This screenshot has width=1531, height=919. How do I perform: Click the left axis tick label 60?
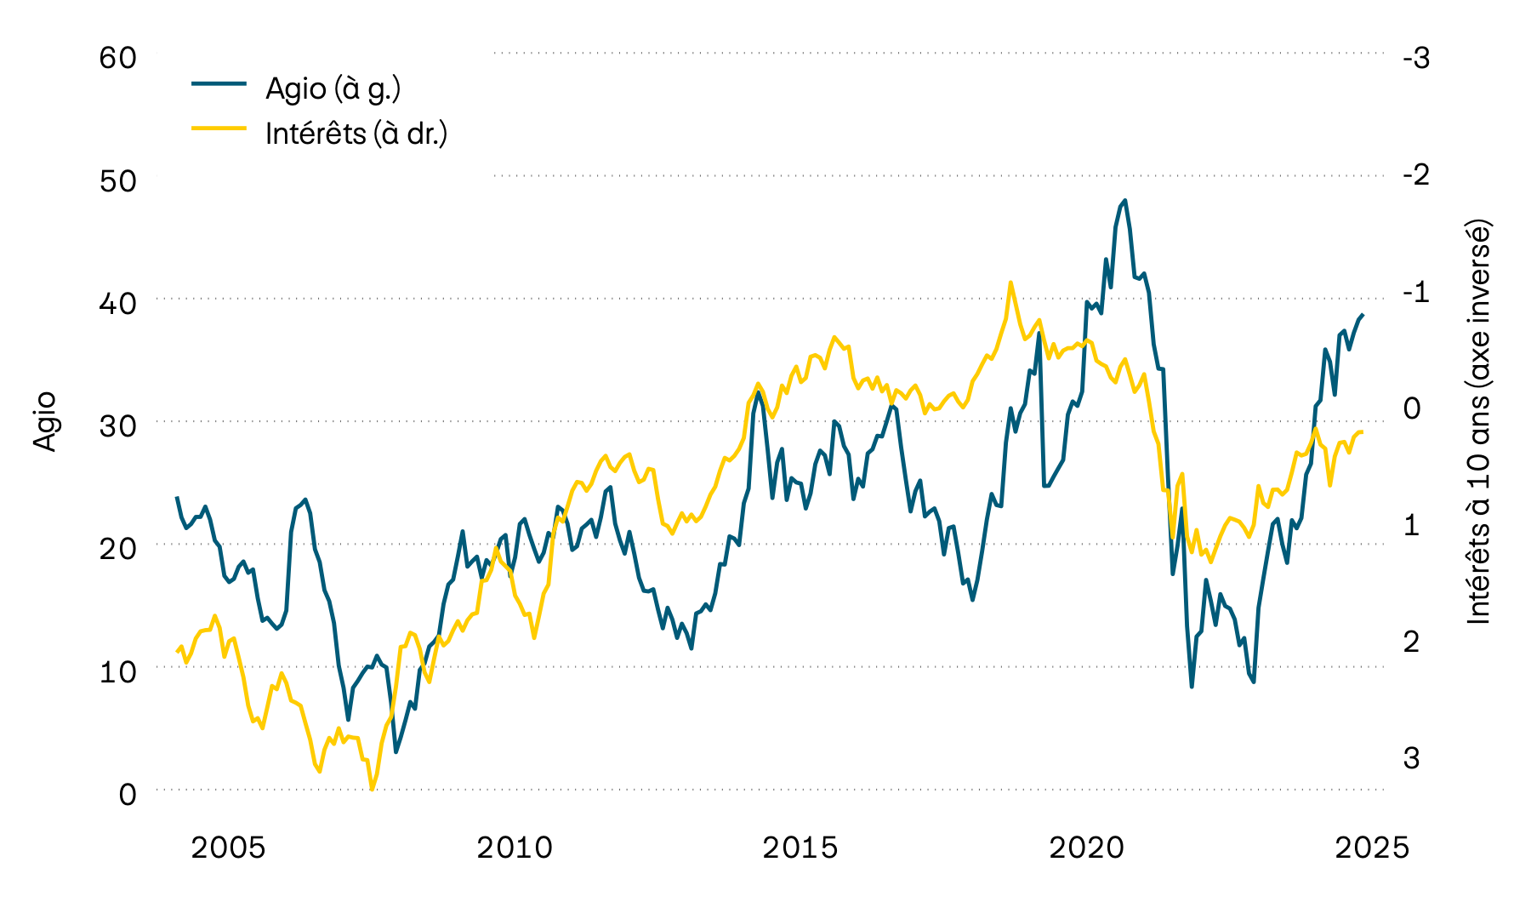tap(117, 58)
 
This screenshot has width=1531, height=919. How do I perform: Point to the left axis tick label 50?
tap(117, 181)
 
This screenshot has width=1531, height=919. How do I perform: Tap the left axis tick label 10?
tap(117, 671)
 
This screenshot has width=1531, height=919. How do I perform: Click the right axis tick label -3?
tap(1416, 58)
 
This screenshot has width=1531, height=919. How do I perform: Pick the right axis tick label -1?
tap(1416, 292)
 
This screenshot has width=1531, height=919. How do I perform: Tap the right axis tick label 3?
tap(1411, 757)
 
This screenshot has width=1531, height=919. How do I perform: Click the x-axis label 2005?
tap(228, 848)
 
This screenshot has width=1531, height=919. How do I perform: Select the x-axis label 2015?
tap(800, 848)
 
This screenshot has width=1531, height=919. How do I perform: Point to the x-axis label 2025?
tap(1372, 848)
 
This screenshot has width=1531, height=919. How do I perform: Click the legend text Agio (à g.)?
tap(333, 88)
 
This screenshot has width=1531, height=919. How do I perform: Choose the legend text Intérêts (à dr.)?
tap(356, 134)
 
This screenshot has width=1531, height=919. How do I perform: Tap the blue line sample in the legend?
tap(219, 83)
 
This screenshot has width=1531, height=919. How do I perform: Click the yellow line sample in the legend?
tap(219, 128)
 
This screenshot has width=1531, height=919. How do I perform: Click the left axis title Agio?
tap(44, 421)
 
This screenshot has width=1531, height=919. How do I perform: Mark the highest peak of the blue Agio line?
tap(1124, 201)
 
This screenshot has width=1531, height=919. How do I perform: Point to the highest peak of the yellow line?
tap(1010, 283)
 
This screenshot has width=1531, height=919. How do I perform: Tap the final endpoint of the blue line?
tap(1363, 315)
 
